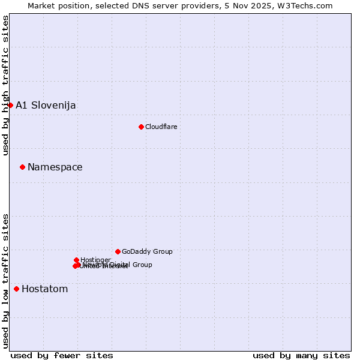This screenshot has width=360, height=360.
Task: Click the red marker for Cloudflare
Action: [141, 127]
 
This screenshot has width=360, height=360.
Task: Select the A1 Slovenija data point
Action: [10, 105]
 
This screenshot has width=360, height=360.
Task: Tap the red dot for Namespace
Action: [22, 167]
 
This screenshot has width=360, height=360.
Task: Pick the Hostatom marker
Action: [16, 289]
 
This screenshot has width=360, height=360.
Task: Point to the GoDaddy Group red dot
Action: [118, 251]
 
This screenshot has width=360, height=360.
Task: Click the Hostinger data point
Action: [76, 260]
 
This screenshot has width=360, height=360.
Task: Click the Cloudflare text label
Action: [161, 127]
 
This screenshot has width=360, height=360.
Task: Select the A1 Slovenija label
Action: [46, 105]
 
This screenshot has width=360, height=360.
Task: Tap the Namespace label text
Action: [55, 167]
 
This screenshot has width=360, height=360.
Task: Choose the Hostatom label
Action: [45, 289]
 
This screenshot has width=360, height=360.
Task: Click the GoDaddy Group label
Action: [147, 251]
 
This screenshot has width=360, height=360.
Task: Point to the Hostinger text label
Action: [95, 260]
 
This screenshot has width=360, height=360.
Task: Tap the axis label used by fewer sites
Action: [62, 356]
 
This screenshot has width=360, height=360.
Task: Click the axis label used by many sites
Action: [301, 356]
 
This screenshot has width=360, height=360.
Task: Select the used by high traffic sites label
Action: [5, 86]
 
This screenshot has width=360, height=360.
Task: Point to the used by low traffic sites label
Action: [5, 281]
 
